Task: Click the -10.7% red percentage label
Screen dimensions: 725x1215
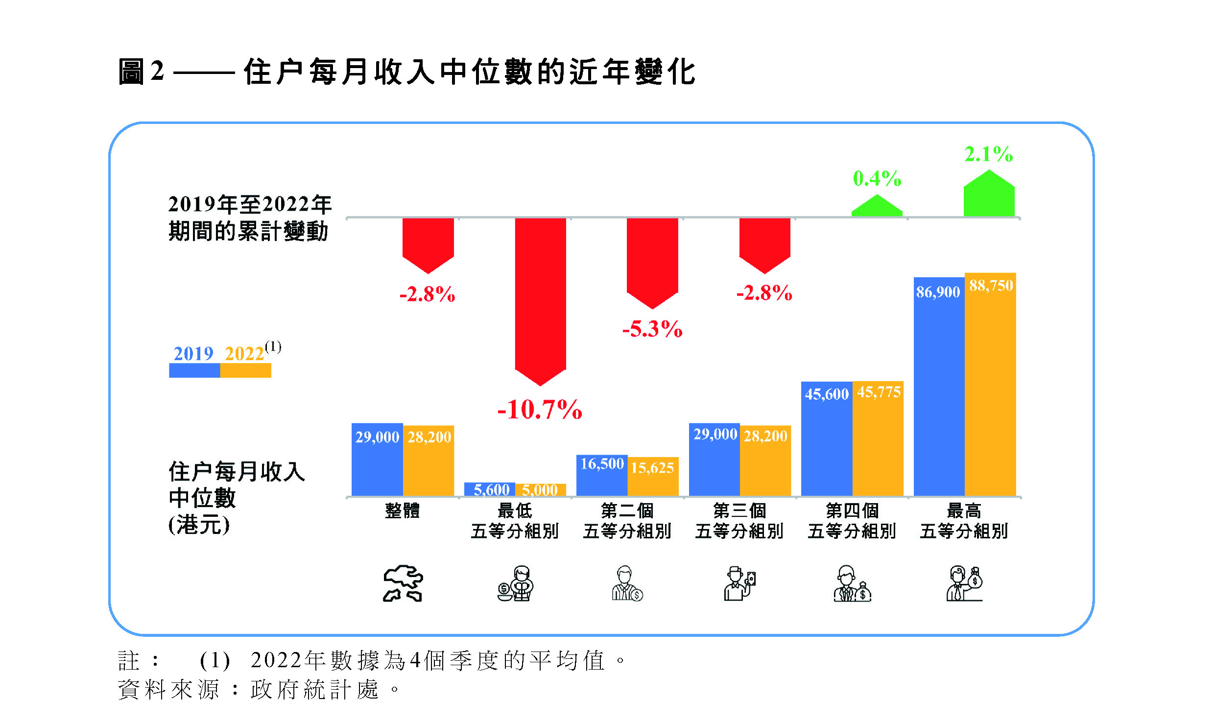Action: tap(540, 410)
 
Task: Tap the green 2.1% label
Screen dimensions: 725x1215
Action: tap(988, 154)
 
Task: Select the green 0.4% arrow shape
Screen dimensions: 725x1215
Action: tap(877, 206)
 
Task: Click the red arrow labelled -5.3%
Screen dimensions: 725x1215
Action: tap(652, 260)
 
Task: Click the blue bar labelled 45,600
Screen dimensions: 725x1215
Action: tap(827, 441)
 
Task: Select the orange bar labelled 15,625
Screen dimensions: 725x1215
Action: tap(653, 478)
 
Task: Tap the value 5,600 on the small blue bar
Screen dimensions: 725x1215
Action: tap(491, 489)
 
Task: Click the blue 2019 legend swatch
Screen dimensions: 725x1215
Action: tap(194, 370)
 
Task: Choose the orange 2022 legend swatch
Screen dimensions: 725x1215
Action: tap(245, 370)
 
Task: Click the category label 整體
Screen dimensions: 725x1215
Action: tap(402, 510)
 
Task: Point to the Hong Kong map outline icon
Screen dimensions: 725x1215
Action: tap(403, 583)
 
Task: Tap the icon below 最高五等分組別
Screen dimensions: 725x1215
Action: tap(964, 583)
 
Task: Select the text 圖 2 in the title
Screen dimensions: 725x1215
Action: tap(141, 72)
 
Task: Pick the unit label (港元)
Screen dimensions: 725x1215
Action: tap(199, 525)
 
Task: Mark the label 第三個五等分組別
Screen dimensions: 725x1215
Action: tap(739, 520)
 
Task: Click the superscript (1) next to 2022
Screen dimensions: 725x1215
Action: tap(273, 347)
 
